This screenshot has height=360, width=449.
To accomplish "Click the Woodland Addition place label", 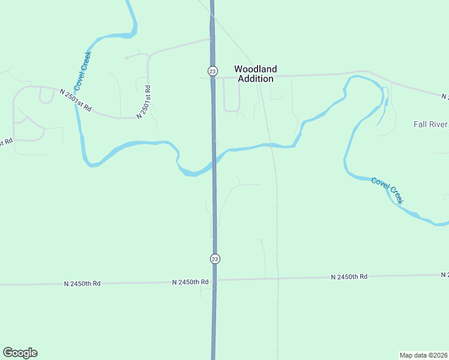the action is coord(255,74).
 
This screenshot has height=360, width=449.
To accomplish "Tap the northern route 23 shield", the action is coord(212,71).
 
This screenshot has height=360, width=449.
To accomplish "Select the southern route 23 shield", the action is coord(215,259).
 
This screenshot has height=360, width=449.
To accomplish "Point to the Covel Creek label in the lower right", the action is coord(387,190).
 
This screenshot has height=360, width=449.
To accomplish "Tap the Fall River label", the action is coord(430,124).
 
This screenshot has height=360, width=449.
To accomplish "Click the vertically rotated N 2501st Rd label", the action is coord(143,102).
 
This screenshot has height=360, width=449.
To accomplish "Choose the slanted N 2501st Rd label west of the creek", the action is coord(75,100).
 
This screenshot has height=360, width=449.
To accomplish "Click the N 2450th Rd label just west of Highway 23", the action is coord(190,281).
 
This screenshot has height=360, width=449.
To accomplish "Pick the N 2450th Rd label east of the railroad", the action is coord(349,277).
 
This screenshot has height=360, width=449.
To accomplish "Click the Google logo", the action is coord(20,353).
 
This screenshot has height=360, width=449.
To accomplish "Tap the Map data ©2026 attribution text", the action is coord(423,355).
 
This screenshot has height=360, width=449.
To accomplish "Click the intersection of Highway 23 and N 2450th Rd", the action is coord(214,280).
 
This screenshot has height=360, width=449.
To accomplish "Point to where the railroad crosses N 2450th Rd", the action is coord(277,278).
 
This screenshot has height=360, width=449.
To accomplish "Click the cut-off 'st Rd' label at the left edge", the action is coord(5,143).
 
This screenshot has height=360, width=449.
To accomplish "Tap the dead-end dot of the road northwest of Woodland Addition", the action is coord(125,58).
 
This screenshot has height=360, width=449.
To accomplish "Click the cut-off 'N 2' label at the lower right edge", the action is coord(444,275).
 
